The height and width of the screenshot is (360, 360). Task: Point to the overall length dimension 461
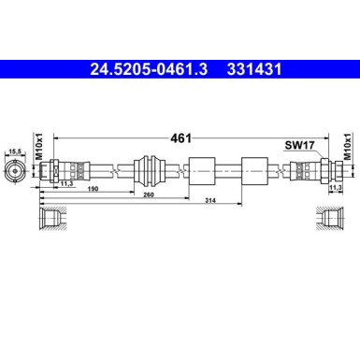coord(180,137)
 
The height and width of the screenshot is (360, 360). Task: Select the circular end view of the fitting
coord(14,171)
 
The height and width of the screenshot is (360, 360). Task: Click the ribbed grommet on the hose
coord(151,171)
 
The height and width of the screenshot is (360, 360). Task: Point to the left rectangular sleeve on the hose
coord(203,171)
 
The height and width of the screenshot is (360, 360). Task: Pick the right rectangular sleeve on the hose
coord(252,171)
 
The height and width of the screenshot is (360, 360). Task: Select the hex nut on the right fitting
coord(324,171)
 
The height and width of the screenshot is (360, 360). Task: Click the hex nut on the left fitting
coord(56,171)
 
